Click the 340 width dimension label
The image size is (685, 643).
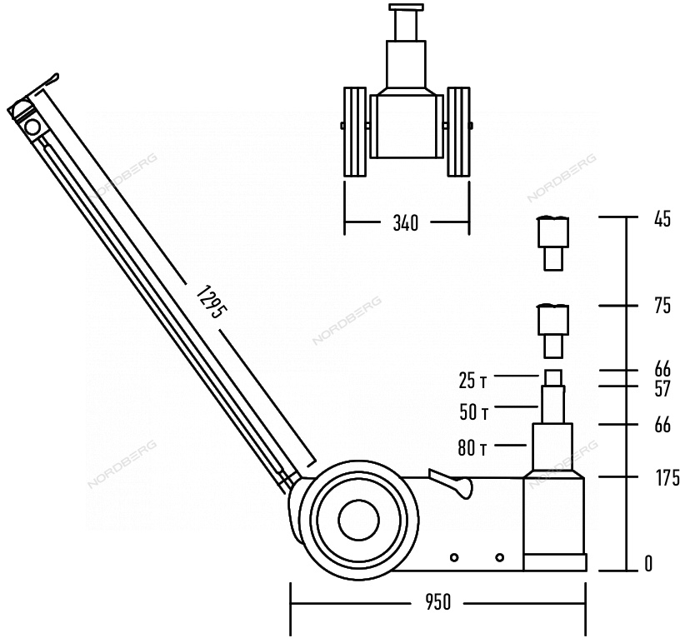(405, 223)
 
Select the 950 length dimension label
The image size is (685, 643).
(437, 602)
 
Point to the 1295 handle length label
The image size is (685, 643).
(211, 302)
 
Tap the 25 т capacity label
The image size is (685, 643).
(472, 381)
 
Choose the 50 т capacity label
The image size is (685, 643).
(473, 412)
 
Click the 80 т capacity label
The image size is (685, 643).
(472, 448)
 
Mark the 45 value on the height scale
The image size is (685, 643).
(662, 219)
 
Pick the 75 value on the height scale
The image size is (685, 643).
(662, 306)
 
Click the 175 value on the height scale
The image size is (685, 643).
(668, 477)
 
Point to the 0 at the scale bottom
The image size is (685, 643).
(648, 564)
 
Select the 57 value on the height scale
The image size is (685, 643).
(662, 388)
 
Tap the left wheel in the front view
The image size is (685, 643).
(355, 132)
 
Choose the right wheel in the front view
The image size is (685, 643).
(458, 132)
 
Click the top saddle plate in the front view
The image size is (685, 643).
(406, 7)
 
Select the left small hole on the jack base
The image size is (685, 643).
(454, 557)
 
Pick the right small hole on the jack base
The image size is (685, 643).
(500, 557)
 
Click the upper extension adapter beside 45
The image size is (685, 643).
(553, 243)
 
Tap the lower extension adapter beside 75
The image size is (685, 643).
(553, 331)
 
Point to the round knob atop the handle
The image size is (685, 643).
(32, 127)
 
